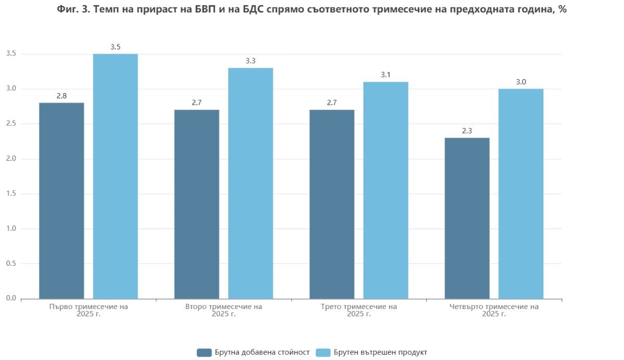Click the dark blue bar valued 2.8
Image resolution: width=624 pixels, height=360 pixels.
(61, 200)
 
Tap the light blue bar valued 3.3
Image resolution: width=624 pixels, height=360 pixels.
(251, 183)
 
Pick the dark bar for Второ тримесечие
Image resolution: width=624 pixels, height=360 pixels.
(197, 204)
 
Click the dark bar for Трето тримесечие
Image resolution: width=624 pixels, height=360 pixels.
(332, 204)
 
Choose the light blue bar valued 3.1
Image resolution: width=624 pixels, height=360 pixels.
(386, 190)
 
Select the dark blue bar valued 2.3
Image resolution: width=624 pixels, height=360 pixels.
(467, 218)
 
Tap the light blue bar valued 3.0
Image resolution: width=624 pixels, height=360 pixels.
(521, 194)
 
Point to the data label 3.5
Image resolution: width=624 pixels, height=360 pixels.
(115, 47)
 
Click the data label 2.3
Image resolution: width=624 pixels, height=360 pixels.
(467, 131)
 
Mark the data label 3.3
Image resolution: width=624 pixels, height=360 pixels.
(251, 61)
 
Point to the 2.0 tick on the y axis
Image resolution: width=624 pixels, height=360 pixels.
(11, 159)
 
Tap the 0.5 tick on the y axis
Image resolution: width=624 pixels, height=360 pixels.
(11, 264)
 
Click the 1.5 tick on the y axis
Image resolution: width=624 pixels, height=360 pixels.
(11, 194)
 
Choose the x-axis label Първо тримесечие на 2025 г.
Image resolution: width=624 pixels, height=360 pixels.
(88, 310)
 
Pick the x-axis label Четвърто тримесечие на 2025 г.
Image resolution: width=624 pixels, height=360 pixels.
(494, 310)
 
